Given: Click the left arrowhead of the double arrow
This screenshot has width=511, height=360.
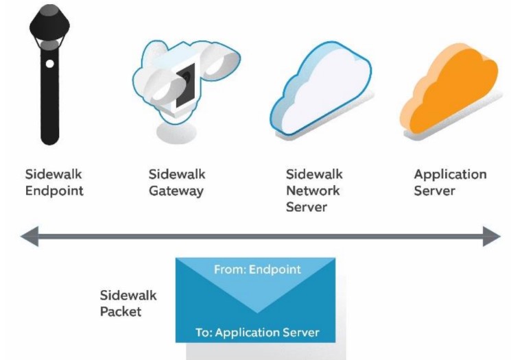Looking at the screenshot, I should pyautogui.click(x=29, y=237).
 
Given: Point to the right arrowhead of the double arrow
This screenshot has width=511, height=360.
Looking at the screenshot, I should pyautogui.click(x=492, y=237).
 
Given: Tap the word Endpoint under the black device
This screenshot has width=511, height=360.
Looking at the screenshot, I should pyautogui.click(x=54, y=191).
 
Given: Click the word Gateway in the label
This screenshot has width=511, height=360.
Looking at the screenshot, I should pyautogui.click(x=176, y=191).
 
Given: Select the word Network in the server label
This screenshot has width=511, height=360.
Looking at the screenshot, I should pyautogui.click(x=314, y=191).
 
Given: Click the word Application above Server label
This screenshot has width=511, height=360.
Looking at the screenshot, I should pyautogui.click(x=450, y=174).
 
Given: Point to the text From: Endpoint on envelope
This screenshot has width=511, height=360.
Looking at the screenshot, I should pyautogui.click(x=257, y=269).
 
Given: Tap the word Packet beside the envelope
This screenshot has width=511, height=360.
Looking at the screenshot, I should pyautogui.click(x=121, y=313).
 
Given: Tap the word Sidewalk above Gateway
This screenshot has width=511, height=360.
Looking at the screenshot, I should pyautogui.click(x=177, y=174).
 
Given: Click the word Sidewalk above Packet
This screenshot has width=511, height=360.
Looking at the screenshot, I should pyautogui.click(x=128, y=296).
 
